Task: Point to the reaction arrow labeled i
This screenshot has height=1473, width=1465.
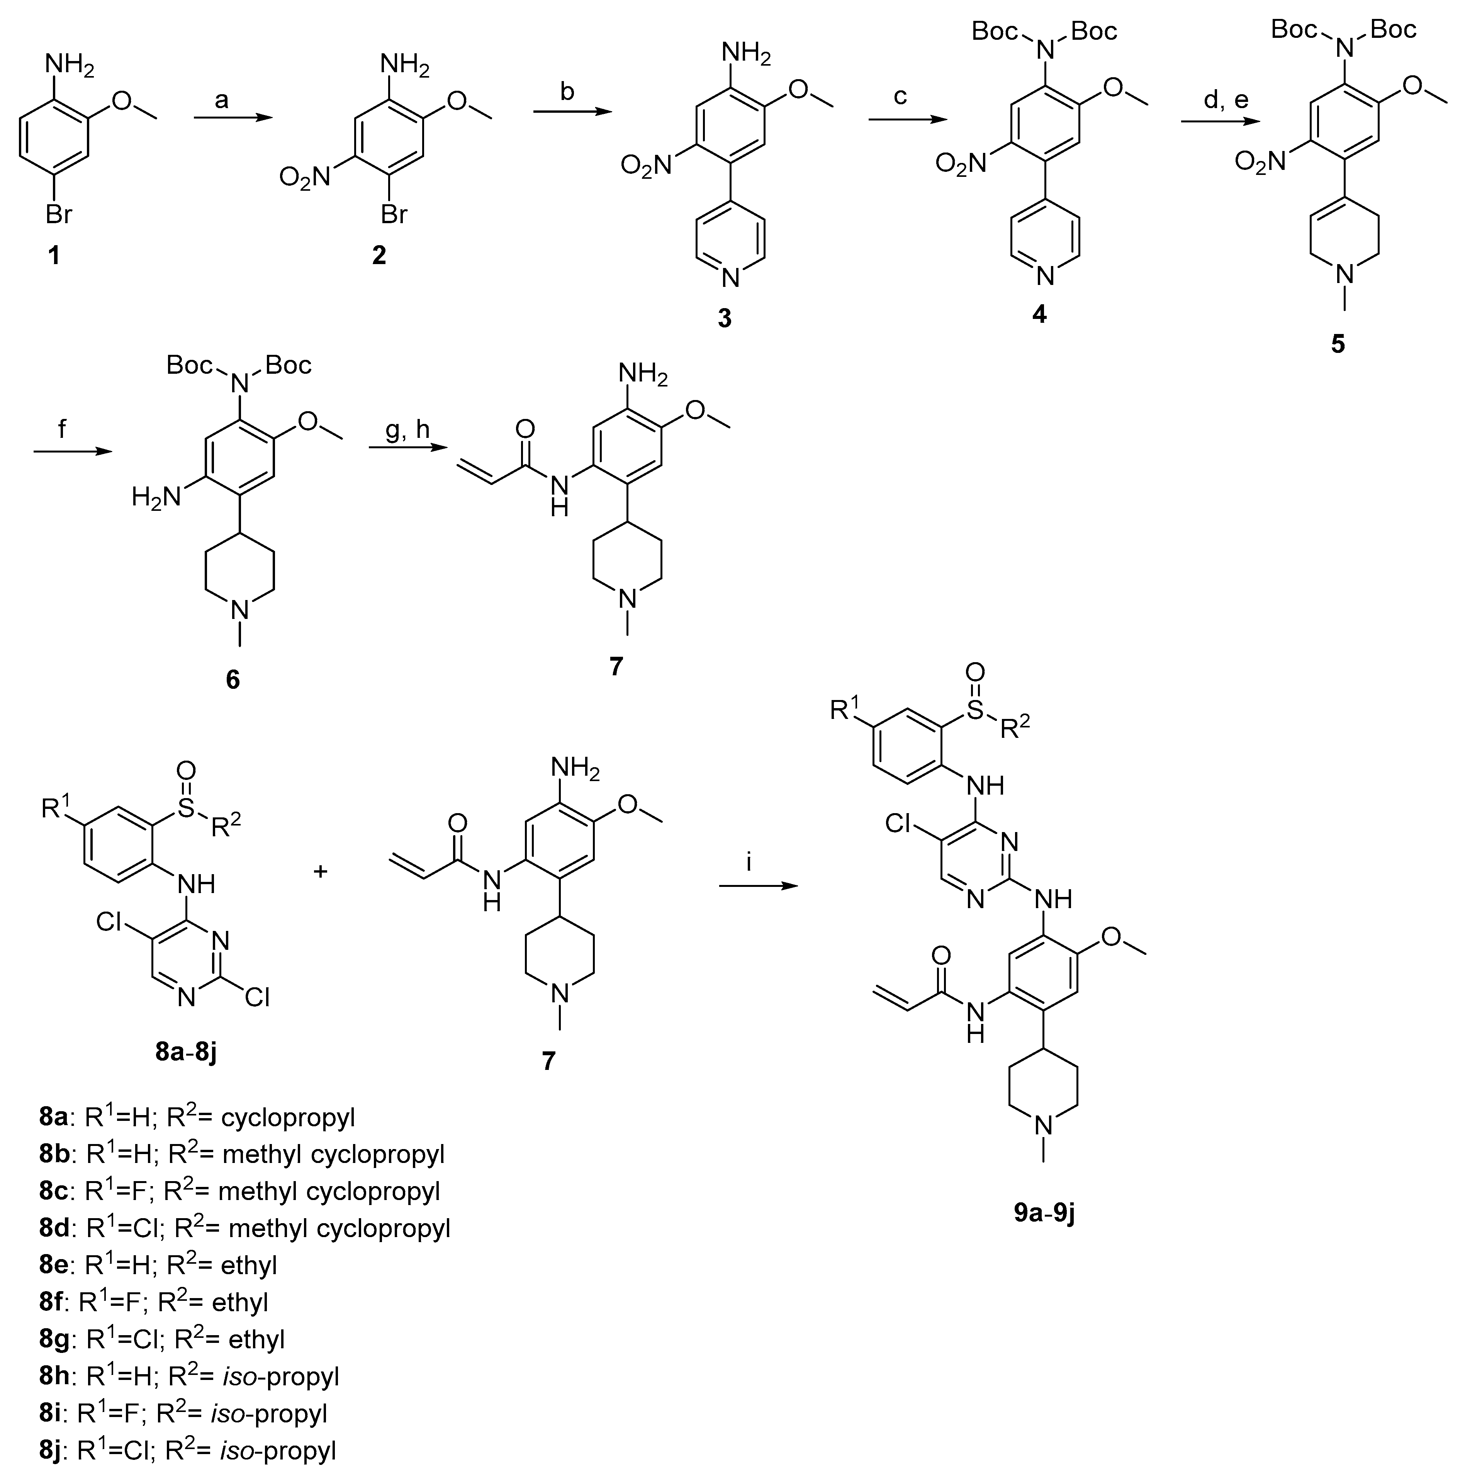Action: click(x=758, y=886)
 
